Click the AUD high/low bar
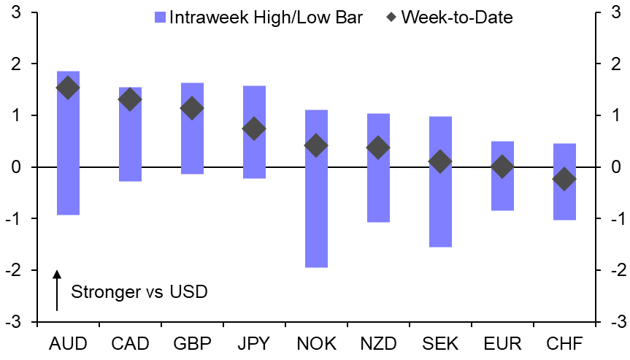pyautogui.click(x=68, y=143)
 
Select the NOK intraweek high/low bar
pyautogui.click(x=316, y=188)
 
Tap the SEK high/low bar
pyautogui.click(x=440, y=181)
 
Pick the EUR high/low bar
pyautogui.click(x=502, y=175)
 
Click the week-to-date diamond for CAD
pyautogui.click(x=130, y=99)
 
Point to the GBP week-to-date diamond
pyautogui.click(x=192, y=109)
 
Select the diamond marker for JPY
pyautogui.click(x=254, y=129)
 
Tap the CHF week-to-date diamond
pyautogui.click(x=564, y=179)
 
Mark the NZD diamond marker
pyautogui.click(x=378, y=148)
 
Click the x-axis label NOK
pyautogui.click(x=316, y=342)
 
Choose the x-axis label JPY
pyautogui.click(x=254, y=342)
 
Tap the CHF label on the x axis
pyautogui.click(x=564, y=342)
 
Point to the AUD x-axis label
pyautogui.click(x=68, y=342)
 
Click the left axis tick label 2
pyautogui.click(x=15, y=64)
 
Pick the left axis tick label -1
pyautogui.click(x=12, y=219)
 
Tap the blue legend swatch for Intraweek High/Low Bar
pyautogui.click(x=161, y=17)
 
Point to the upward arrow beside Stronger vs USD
pyautogui.click(x=56, y=291)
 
